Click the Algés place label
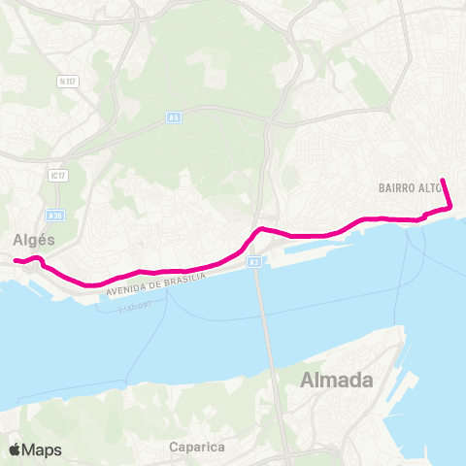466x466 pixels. (34, 239)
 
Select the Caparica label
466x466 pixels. (196, 448)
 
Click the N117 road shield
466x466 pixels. (67, 83)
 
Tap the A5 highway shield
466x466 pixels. (173, 117)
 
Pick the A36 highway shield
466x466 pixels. (55, 216)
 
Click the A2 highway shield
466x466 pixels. (253, 261)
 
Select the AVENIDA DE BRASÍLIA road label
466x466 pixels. (156, 283)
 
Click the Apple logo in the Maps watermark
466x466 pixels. (16, 449)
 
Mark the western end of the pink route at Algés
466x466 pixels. (16, 260)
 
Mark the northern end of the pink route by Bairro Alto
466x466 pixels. (443, 180)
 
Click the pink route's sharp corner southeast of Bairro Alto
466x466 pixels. (450, 206)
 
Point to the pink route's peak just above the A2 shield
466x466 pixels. (260, 229)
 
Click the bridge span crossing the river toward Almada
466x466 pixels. (258, 311)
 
